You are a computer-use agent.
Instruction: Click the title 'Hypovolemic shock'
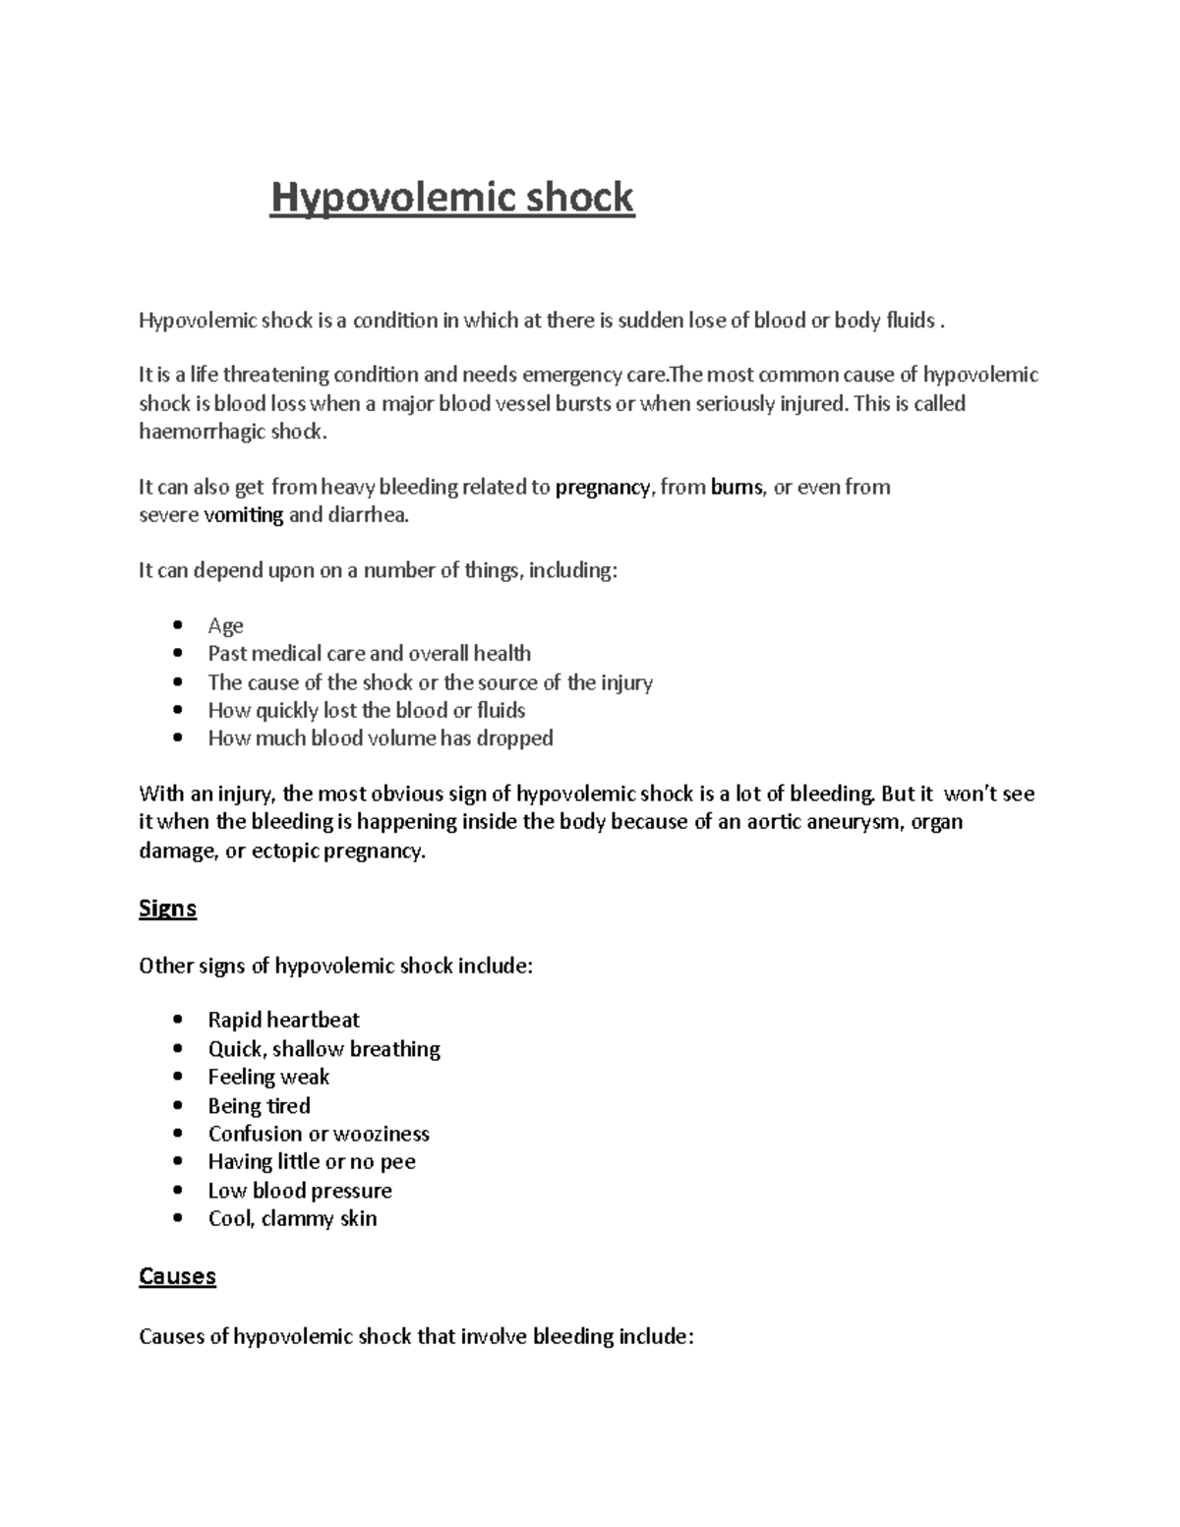452,198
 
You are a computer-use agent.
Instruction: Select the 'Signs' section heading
167,908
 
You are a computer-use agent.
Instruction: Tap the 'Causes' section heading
177,1276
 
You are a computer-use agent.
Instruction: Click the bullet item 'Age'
225,626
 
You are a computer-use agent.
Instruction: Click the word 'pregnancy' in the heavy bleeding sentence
602,487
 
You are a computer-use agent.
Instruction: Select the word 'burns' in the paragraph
737,487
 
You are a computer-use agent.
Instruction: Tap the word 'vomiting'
243,515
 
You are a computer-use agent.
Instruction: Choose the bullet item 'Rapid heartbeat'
283,1020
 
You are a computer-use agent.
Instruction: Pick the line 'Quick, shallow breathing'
324,1049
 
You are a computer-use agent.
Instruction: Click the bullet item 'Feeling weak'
268,1077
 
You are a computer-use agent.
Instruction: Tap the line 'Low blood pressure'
300,1191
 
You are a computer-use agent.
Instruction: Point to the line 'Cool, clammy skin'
292,1219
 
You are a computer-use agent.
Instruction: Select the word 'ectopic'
285,852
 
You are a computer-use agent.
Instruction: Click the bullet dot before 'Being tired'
177,1105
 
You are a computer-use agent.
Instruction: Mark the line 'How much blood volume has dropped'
381,738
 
